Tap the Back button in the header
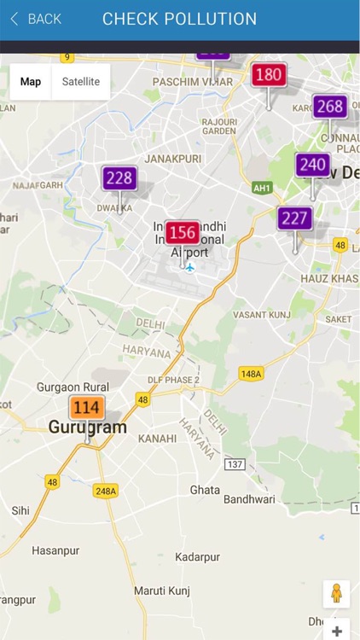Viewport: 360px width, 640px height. [x=35, y=19]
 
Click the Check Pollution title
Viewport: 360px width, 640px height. [x=179, y=19]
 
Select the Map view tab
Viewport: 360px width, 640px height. [x=31, y=82]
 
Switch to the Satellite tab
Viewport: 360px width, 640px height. [x=81, y=82]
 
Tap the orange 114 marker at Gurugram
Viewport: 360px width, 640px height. [x=86, y=408]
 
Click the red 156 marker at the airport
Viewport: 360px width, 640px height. [x=183, y=232]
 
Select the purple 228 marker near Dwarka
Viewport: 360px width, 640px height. [x=119, y=177]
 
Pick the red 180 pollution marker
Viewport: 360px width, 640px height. [x=269, y=75]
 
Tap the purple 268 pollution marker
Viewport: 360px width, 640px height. [x=329, y=107]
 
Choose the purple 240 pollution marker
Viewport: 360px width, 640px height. [x=313, y=165]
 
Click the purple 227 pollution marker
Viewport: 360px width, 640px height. [x=294, y=218]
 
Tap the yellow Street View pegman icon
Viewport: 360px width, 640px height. [x=336, y=594]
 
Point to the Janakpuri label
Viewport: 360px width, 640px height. [x=172, y=159]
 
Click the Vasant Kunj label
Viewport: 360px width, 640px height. [x=261, y=315]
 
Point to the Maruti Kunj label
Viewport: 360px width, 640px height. [x=161, y=591]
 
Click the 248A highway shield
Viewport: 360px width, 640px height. [x=106, y=491]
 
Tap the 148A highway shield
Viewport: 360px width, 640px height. [x=251, y=373]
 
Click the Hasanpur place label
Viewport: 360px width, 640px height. [x=55, y=550]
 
